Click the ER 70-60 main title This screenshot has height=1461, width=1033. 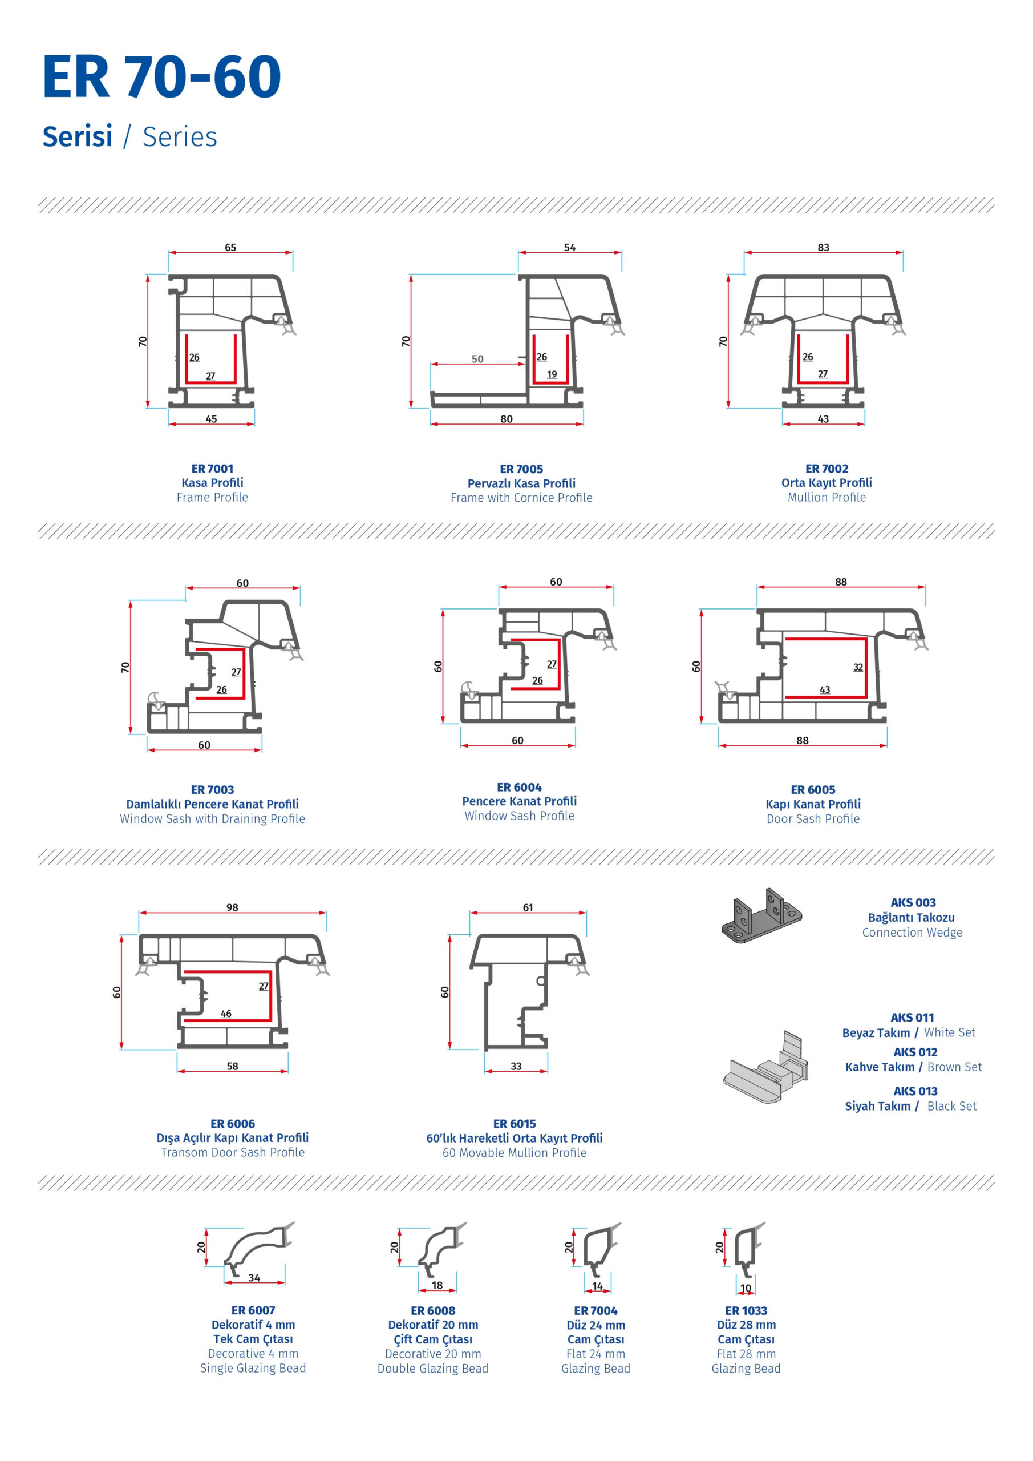[x=161, y=76]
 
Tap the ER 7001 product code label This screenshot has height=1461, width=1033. [x=212, y=469]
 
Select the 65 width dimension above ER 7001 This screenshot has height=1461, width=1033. [x=230, y=247]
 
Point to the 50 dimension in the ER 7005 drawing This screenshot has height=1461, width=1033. [x=477, y=359]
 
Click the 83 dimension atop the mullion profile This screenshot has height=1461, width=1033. [x=823, y=247]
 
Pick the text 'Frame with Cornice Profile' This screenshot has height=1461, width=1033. [x=521, y=498]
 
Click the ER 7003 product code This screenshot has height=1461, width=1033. [x=212, y=790]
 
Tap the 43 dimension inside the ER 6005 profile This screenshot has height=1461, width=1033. [x=824, y=689]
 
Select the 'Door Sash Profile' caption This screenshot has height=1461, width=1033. [x=813, y=819]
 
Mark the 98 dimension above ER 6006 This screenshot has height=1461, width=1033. [x=232, y=907]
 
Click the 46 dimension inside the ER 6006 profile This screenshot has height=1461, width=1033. [x=226, y=1014]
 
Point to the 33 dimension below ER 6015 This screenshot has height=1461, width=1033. [x=516, y=1066]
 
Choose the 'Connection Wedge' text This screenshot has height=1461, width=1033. [x=912, y=932]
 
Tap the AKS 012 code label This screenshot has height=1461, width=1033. [x=915, y=1052]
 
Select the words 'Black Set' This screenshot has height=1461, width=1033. [x=951, y=1106]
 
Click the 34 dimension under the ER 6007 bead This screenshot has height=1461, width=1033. [x=254, y=1278]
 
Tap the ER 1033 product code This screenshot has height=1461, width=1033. [x=746, y=1310]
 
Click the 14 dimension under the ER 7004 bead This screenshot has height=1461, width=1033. [x=597, y=1286]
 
